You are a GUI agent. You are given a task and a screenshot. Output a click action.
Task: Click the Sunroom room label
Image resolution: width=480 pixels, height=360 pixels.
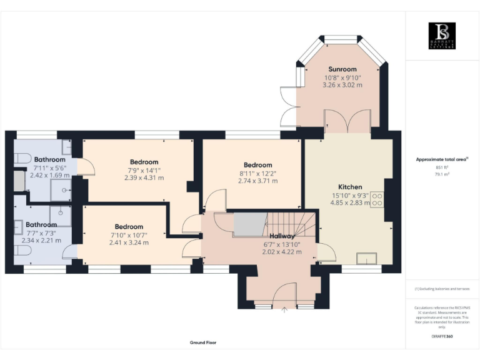(342, 69)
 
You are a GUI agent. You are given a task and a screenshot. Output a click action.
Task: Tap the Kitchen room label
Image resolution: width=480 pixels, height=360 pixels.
(350, 187)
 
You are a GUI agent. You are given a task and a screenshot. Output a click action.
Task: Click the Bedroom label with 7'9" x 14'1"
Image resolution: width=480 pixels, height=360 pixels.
(144, 162)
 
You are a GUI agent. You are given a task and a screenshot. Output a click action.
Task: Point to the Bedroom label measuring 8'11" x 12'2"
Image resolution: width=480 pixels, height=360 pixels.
(257, 165)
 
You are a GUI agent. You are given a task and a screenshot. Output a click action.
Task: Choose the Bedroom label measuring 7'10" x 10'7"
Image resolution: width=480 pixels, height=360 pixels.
(129, 227)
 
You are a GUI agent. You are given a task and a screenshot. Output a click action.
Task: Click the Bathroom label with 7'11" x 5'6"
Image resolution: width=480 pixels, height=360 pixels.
(49, 159)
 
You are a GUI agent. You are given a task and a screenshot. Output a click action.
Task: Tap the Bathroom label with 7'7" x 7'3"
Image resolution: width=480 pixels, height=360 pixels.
(41, 224)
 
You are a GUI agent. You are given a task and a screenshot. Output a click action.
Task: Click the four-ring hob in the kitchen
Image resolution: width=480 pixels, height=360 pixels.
(377, 199)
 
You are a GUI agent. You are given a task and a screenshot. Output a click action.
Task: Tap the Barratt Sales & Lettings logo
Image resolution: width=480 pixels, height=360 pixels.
(442, 36)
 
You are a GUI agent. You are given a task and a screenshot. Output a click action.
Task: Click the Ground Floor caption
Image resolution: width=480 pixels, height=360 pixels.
(203, 342)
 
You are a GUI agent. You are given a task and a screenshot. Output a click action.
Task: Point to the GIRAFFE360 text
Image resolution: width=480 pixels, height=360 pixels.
(442, 336)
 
